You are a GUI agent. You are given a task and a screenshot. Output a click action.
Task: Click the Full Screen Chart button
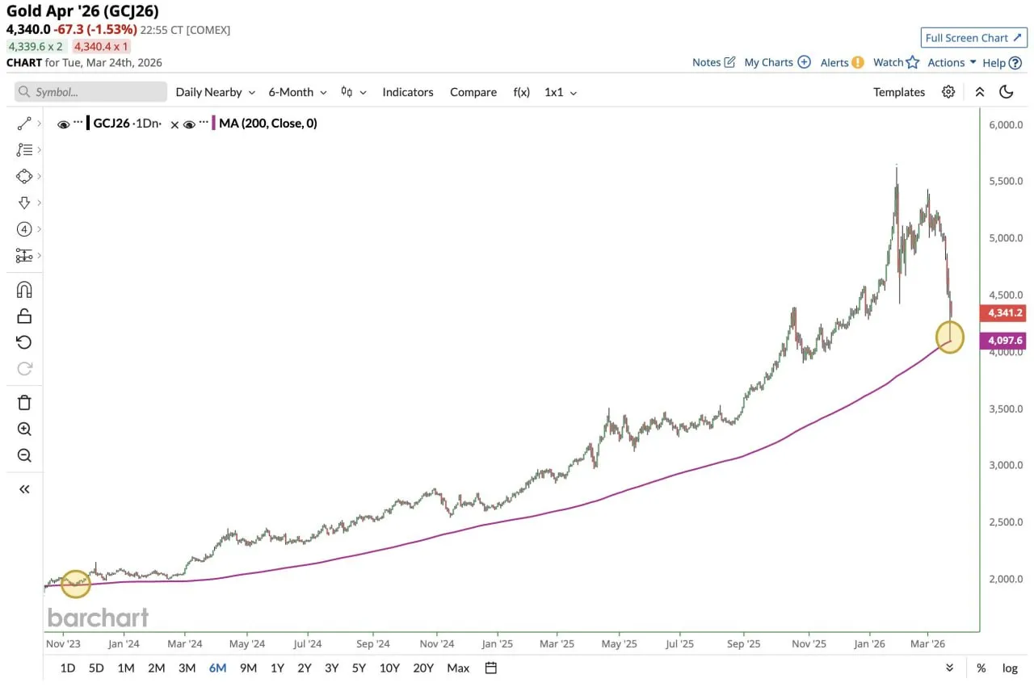click(973, 38)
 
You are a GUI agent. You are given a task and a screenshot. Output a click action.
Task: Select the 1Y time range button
click(277, 668)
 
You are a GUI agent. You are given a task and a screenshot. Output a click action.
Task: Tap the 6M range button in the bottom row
click(217, 668)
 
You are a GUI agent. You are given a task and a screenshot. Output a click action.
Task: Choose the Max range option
click(458, 668)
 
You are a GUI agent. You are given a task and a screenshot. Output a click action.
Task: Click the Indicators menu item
click(407, 92)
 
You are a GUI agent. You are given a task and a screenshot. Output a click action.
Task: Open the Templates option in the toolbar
click(898, 92)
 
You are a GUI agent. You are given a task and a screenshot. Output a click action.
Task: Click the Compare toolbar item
click(473, 92)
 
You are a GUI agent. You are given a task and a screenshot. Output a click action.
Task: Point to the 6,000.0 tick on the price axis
click(1006, 125)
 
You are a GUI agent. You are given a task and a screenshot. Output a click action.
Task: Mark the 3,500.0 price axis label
click(1006, 408)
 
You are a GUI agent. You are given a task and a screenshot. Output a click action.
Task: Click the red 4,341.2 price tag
click(1002, 312)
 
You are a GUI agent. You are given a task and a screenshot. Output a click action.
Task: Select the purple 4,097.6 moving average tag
click(1002, 341)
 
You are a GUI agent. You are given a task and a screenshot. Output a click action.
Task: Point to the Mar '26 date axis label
click(927, 643)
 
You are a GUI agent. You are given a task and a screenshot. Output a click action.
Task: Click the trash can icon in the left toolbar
click(24, 402)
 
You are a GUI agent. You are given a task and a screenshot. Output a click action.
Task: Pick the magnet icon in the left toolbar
click(24, 290)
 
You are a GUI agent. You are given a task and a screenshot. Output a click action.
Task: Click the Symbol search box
click(90, 92)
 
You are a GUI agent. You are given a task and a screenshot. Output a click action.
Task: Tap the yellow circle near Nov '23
click(76, 584)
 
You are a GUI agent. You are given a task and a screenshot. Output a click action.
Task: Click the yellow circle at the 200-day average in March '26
click(950, 337)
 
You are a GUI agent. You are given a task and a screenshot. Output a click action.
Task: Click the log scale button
click(1010, 668)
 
